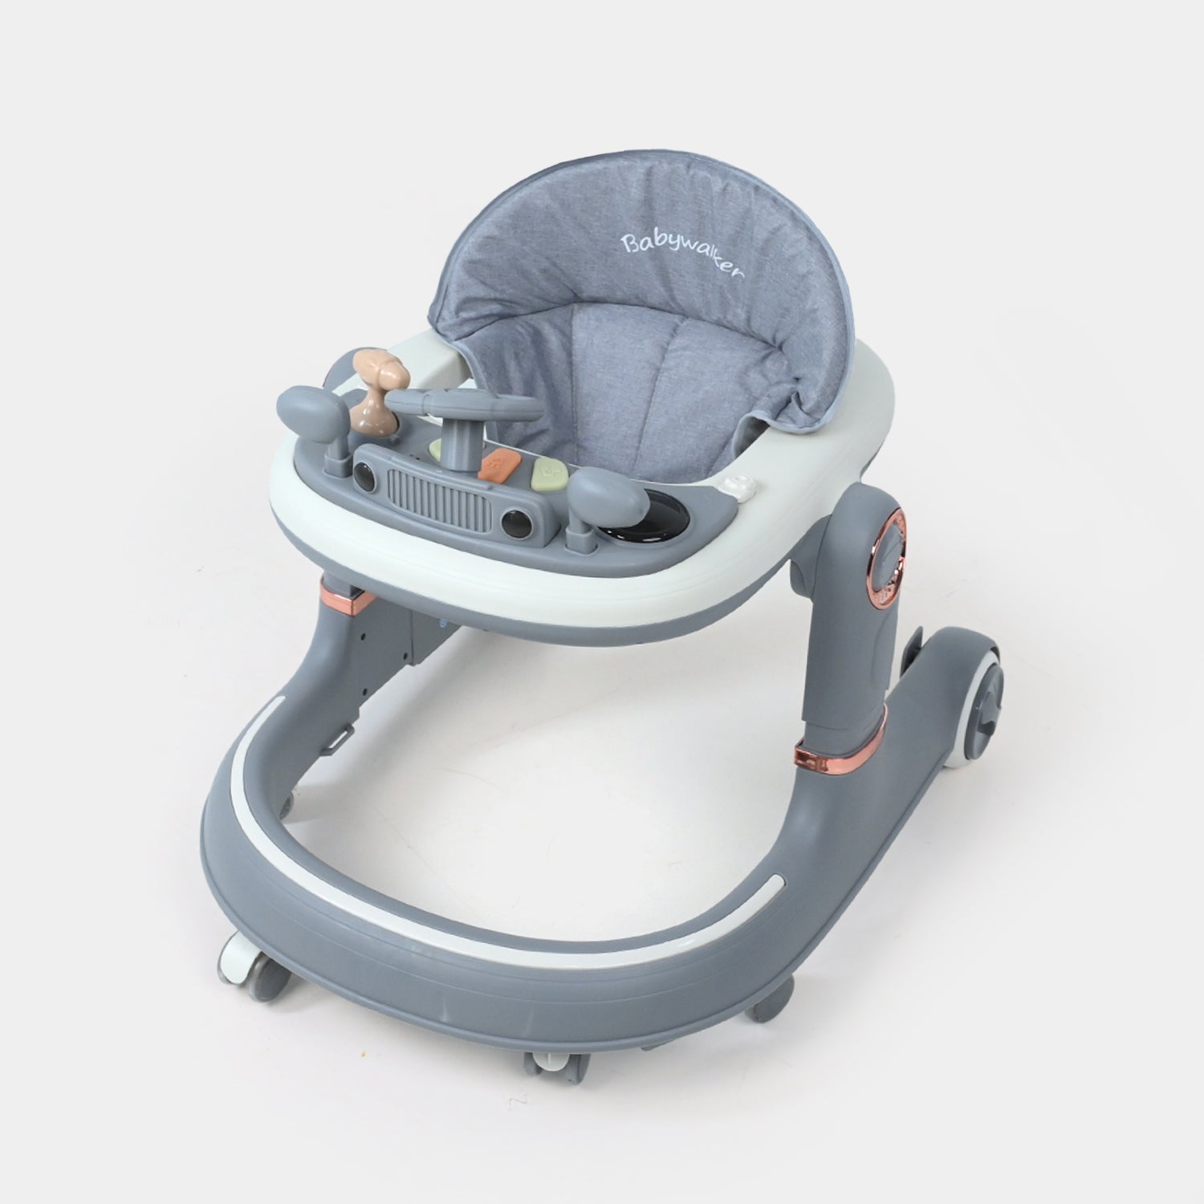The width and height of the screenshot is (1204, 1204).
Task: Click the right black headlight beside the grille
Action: [510, 527]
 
